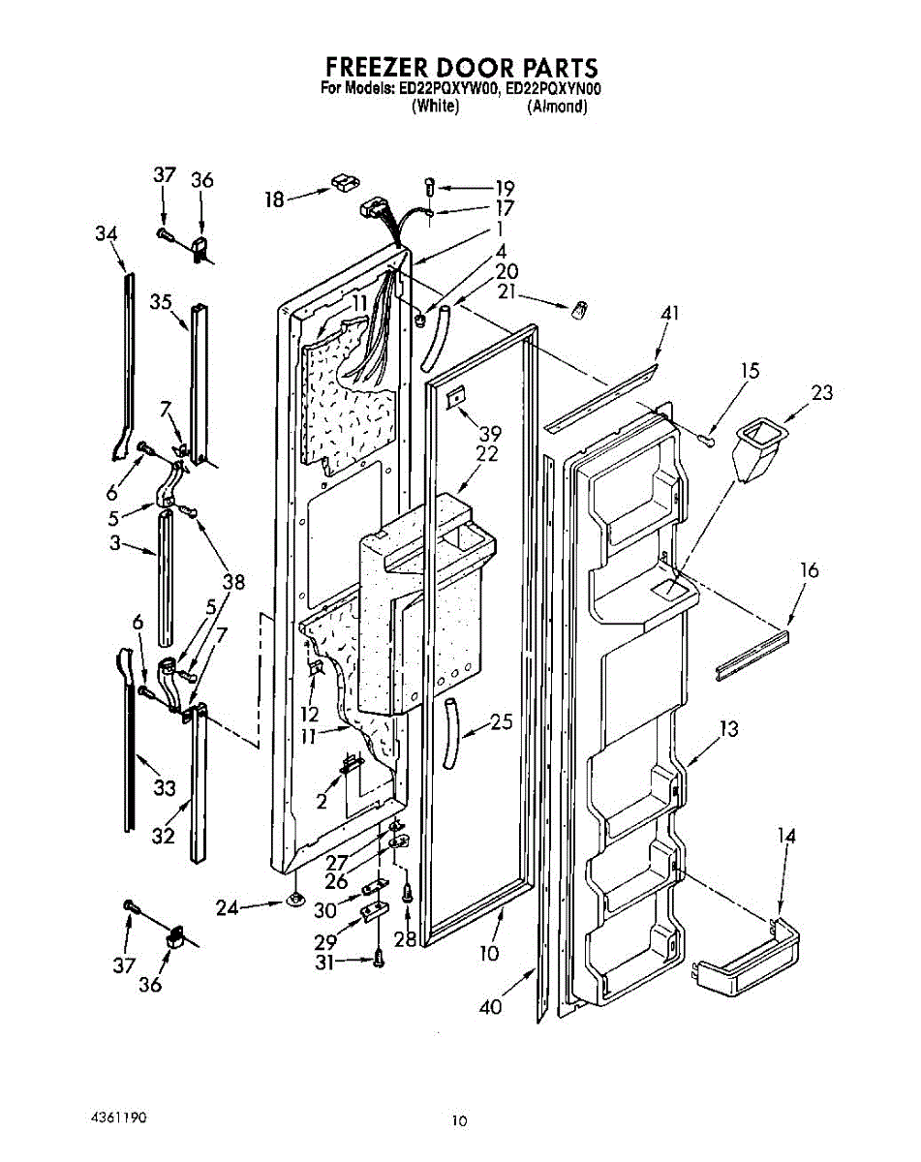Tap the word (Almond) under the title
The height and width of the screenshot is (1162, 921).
click(557, 107)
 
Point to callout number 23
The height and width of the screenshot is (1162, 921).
click(822, 393)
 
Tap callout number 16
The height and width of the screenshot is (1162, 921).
click(809, 570)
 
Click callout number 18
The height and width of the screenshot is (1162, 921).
click(275, 199)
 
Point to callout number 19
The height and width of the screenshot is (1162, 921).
click(505, 188)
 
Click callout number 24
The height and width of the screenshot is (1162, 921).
click(227, 908)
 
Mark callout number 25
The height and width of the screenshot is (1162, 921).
click(501, 721)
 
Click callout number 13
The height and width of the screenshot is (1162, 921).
click(728, 728)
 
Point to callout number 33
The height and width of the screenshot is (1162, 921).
click(165, 789)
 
